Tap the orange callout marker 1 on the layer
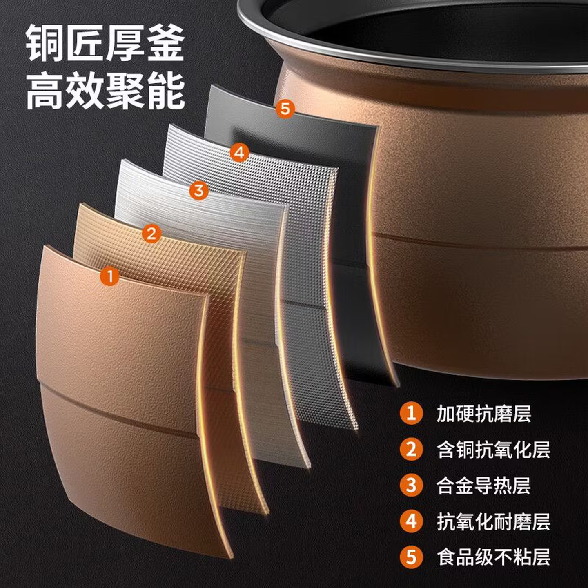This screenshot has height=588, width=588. click(x=110, y=276)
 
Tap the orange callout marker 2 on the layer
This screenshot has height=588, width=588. click(x=151, y=234)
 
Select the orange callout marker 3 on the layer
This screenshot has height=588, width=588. click(x=199, y=190)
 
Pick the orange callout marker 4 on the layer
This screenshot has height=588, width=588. click(x=239, y=152)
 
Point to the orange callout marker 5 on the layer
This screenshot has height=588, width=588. click(x=285, y=109)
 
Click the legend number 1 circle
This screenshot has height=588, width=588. click(x=411, y=413)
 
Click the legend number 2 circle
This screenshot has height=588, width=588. click(x=411, y=449)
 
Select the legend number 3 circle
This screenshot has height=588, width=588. click(x=411, y=485)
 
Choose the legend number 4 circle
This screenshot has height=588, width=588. click(x=411, y=521)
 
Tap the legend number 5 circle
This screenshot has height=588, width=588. click(x=411, y=557)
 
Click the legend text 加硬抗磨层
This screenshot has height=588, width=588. click(x=484, y=413)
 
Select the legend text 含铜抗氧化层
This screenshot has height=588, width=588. click(x=493, y=449)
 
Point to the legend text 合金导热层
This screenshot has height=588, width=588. click(x=484, y=485)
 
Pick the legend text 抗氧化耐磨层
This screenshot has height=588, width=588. click(x=493, y=521)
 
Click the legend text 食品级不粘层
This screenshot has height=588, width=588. click(x=493, y=557)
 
